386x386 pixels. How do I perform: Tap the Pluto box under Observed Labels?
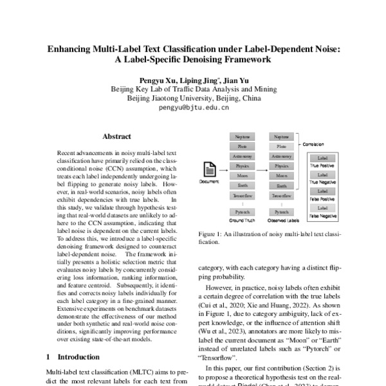coord(281,147)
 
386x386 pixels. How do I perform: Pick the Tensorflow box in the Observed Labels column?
coord(281,195)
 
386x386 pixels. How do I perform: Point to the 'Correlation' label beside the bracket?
coord(313,145)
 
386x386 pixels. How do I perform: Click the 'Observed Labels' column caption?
coord(281,220)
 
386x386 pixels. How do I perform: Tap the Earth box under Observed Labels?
coord(281,185)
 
